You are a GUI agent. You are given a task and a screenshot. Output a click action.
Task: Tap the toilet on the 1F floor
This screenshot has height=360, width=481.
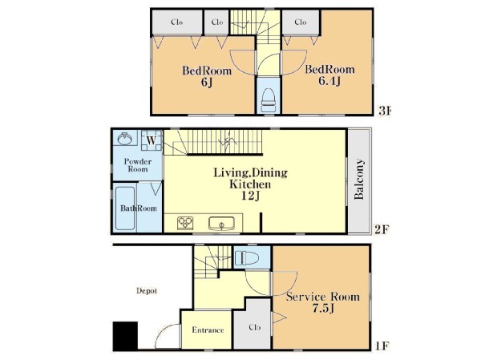pos(247,258)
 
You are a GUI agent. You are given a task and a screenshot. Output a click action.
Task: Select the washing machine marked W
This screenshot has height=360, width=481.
pos(152,140)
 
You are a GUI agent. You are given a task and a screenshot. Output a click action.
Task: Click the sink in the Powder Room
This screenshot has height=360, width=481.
pos(125,139)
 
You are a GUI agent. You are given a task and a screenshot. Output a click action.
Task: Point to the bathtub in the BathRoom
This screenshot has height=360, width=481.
pos(125,208)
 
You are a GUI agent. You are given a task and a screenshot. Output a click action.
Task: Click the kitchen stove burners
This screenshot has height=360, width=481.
pos(185,223)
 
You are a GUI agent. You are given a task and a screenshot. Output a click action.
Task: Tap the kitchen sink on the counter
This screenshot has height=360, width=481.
pos(221,224)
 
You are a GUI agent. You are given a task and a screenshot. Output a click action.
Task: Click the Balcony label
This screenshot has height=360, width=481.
pos(359,180)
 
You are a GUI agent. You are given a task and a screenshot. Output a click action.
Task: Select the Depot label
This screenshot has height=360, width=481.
pos(147,290)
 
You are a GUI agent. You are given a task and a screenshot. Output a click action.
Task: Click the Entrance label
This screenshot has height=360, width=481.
pos(208,330)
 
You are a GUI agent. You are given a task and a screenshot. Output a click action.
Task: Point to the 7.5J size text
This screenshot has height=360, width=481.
pos(323,309)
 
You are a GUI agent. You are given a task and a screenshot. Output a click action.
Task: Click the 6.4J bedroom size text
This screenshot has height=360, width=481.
pos(329,81)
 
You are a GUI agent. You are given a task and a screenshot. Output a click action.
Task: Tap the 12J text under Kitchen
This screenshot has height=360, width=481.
pos(250,196)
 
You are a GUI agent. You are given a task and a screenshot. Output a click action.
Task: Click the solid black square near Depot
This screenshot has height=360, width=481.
pos(125,335)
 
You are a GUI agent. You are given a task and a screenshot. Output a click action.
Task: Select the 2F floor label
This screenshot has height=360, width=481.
pos(382,229)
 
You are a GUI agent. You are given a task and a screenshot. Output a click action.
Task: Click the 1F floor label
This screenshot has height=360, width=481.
pos(382,346)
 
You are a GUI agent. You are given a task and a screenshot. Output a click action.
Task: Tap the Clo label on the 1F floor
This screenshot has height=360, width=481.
pos(255,327)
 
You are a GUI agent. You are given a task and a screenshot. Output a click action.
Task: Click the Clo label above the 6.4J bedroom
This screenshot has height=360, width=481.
pos(301,22)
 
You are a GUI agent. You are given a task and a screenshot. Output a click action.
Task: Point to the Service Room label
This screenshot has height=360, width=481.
pos(323,297)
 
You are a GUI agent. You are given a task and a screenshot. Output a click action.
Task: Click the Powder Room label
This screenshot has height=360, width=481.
pos(138,165)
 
